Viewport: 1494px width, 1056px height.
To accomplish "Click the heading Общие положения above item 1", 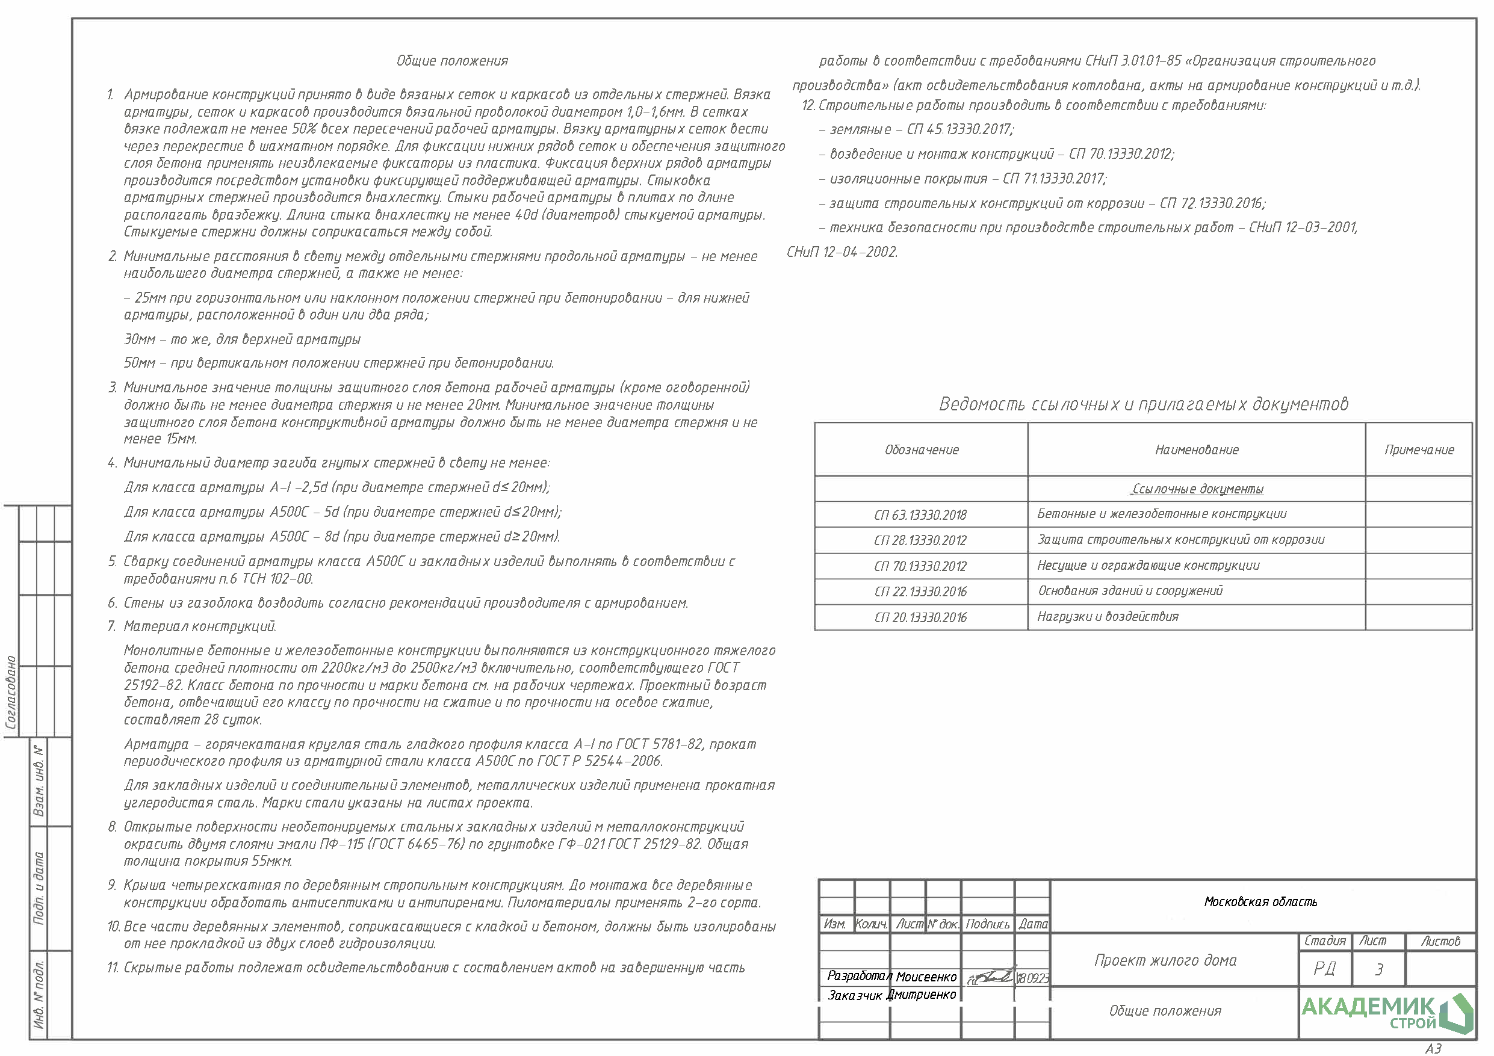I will point(452,61).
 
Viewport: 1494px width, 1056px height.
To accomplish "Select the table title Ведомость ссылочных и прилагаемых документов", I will point(1143,404).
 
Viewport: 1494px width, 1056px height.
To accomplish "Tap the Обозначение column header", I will point(922,449).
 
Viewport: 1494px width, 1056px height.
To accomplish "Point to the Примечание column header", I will point(1419,449).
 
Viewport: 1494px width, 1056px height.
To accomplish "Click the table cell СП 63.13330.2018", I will point(920,515).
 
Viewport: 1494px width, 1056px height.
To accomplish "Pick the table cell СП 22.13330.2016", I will point(920,592).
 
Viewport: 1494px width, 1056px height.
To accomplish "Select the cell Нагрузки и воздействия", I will point(1108,617).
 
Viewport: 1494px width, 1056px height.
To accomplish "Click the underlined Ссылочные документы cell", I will point(1197,489).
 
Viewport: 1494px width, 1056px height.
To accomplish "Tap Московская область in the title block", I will point(1260,902).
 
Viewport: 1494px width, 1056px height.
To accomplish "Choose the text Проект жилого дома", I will point(1165,960).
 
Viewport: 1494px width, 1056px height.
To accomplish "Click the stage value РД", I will point(1325,969).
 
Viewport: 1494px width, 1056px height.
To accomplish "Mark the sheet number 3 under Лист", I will point(1378,969).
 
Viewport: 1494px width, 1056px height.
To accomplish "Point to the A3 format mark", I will point(1433,1048).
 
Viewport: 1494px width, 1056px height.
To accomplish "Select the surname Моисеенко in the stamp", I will point(926,977).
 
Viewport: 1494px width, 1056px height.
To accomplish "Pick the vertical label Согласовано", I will point(11,693).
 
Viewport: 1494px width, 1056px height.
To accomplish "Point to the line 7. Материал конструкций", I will point(193,626).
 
